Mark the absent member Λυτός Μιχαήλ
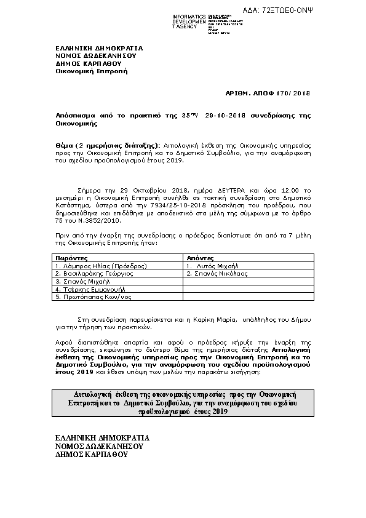[x=215, y=266]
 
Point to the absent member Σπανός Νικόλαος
[x=218, y=273]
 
